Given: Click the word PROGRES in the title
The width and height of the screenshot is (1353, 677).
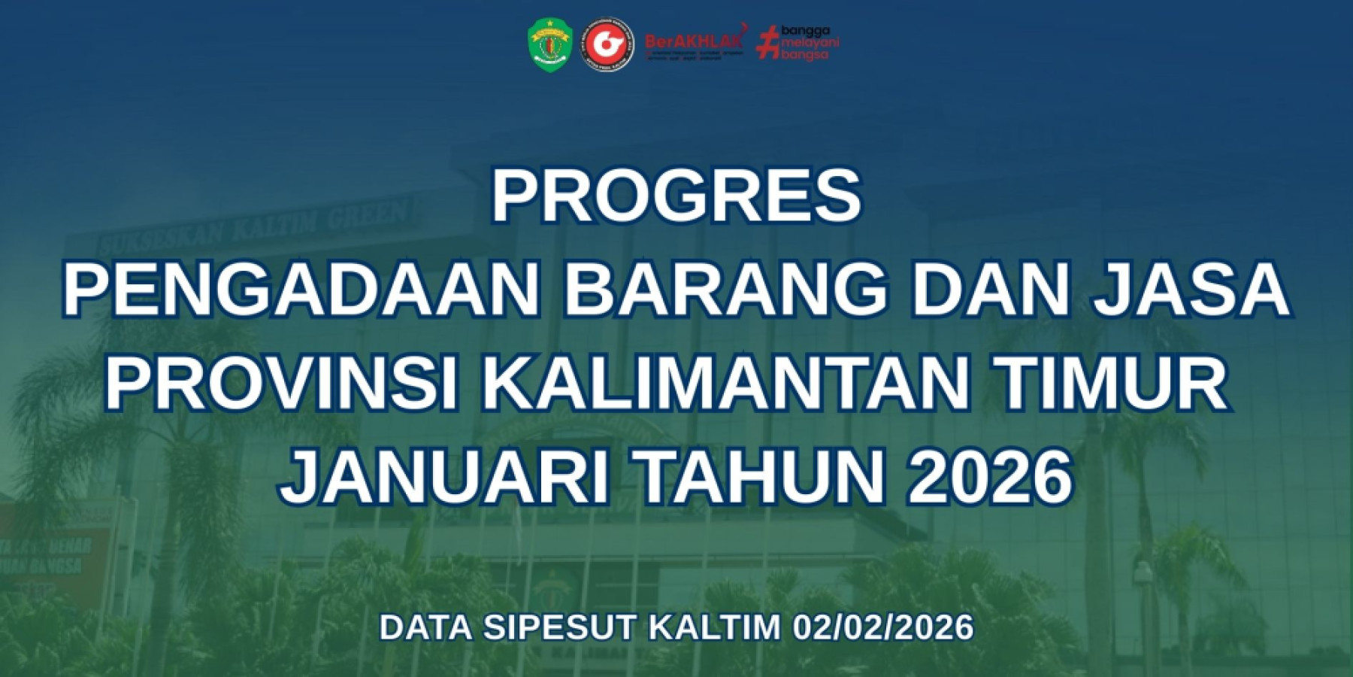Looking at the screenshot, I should (x=676, y=196).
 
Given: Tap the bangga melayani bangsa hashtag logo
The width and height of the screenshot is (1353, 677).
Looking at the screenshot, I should (x=798, y=43).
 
